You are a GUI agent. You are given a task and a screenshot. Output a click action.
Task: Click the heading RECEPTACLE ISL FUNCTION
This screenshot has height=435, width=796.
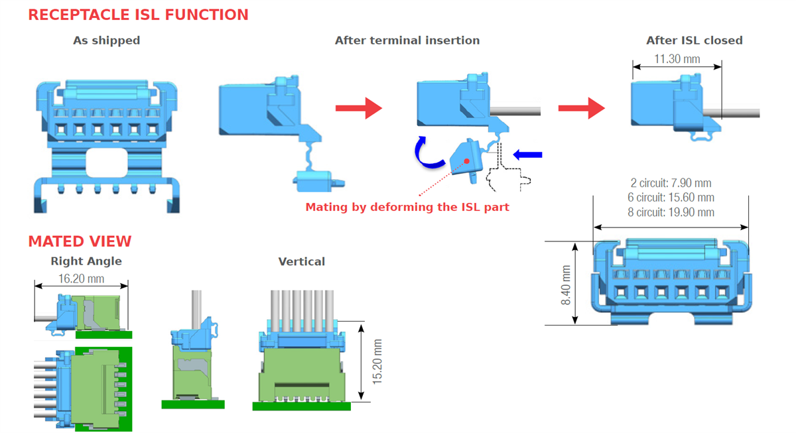138,15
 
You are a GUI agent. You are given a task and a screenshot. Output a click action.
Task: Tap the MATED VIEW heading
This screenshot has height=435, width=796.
80,241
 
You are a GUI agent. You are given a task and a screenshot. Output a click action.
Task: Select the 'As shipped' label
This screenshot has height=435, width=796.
107,40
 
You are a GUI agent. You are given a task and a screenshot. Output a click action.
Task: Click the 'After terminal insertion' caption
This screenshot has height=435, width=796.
407,40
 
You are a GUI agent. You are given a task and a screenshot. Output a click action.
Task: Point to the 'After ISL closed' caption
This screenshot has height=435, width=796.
695,40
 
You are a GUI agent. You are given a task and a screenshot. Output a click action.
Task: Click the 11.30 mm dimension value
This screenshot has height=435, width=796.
677,59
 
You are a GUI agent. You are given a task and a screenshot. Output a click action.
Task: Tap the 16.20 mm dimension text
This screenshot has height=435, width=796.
81,279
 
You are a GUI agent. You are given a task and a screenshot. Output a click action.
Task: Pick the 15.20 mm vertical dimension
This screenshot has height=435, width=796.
377,361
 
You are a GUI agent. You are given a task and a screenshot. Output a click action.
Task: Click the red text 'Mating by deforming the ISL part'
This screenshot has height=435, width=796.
407,207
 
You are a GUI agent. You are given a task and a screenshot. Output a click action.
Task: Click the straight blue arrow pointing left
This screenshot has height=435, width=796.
529,155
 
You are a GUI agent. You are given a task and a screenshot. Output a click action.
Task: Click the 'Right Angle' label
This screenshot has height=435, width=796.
86,261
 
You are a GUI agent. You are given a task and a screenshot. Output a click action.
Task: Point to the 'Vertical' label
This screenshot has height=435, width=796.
302,261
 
